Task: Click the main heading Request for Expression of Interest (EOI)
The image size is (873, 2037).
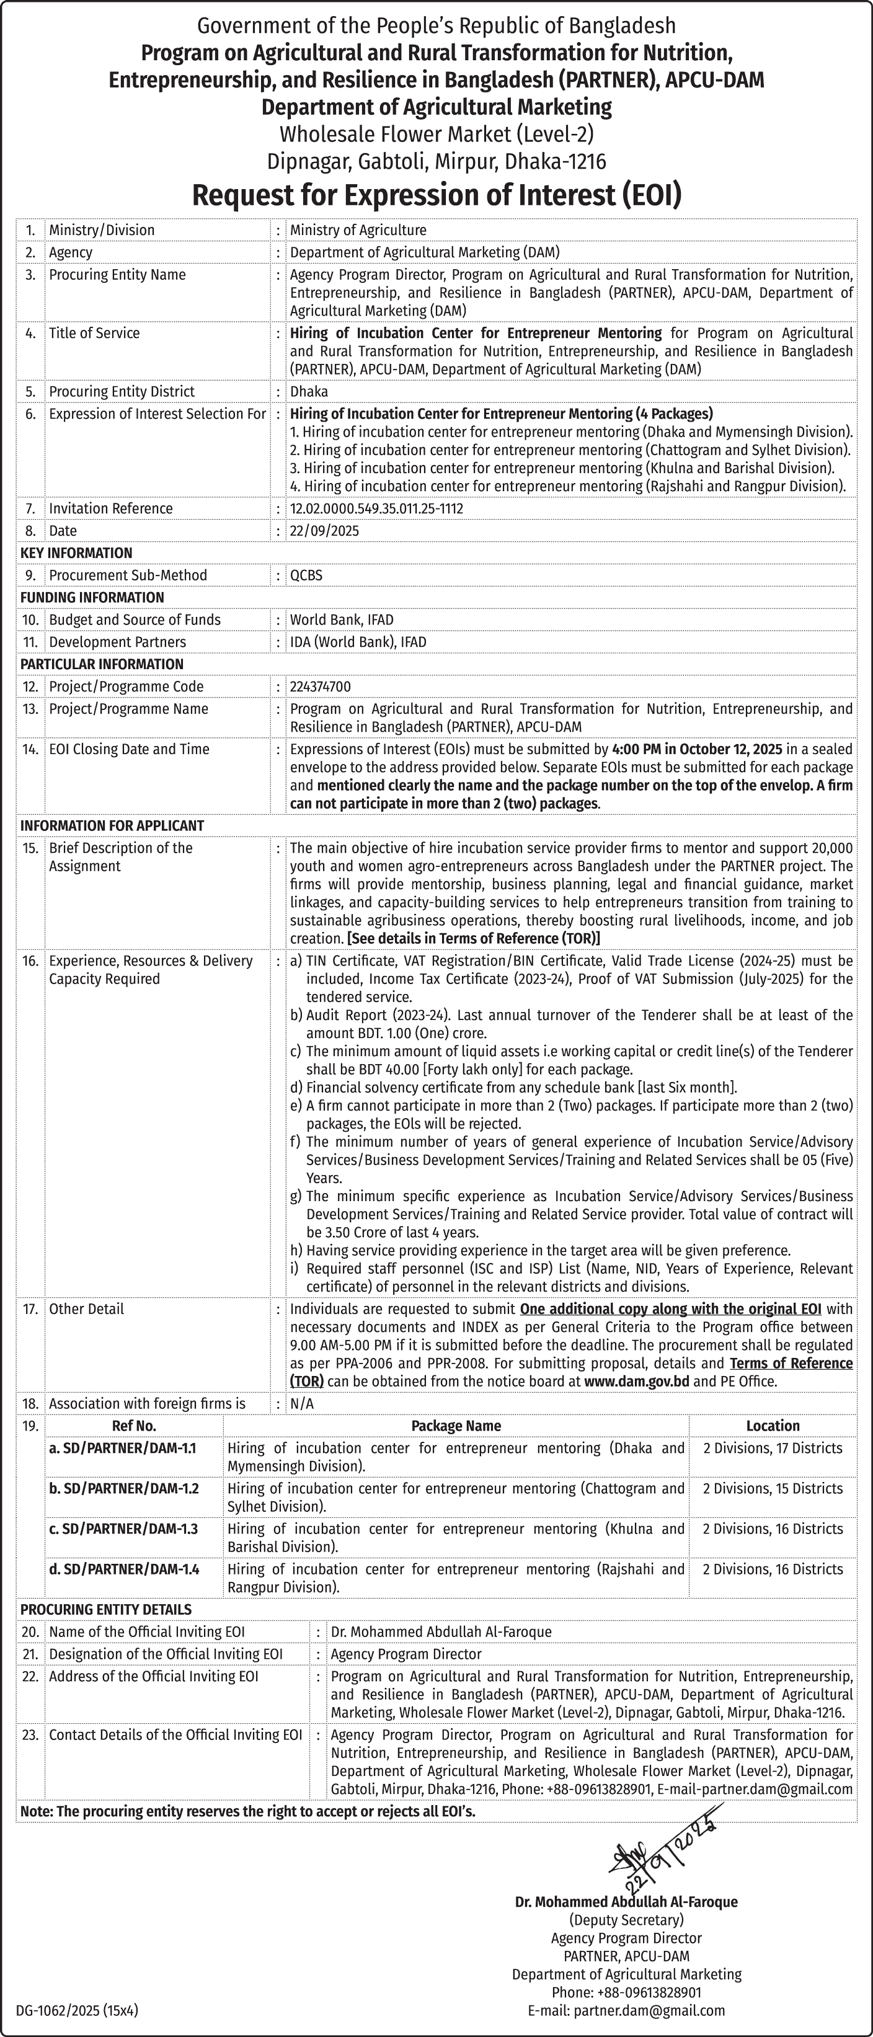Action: point(436,195)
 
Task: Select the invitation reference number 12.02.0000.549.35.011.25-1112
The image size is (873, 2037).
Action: point(376,508)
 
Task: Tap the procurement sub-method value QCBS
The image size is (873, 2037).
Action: point(306,575)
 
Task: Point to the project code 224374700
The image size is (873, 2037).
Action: point(321,686)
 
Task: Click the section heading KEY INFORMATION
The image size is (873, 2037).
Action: point(76,553)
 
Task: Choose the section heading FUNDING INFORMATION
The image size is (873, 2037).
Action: point(92,597)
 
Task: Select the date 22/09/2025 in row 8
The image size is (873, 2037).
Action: point(324,531)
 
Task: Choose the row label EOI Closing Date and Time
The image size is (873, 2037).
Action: point(129,749)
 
